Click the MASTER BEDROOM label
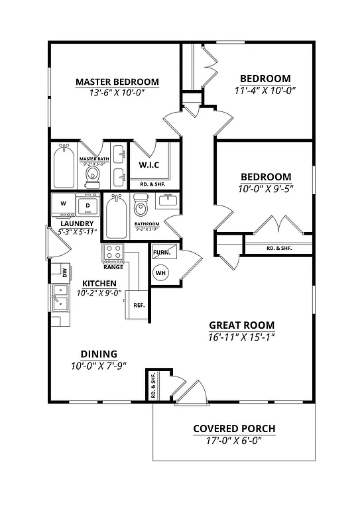[117, 82]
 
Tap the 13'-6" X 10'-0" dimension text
[117, 93]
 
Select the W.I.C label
[148, 164]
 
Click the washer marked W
[63, 204]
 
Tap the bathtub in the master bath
[64, 166]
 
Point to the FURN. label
[161, 253]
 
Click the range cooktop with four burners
[112, 253]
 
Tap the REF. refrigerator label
[139, 306]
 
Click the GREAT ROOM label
[241, 325]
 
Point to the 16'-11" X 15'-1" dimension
[241, 337]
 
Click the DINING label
[99, 353]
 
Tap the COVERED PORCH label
[234, 428]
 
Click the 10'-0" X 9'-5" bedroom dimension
[265, 188]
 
